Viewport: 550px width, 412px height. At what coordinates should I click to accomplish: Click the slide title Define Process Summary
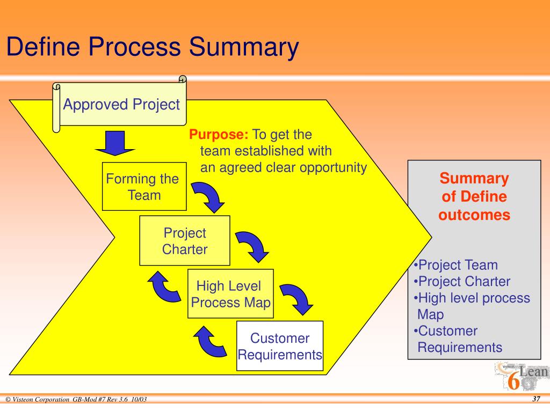pos(152,47)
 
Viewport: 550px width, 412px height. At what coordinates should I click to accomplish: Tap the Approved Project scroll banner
pos(121,104)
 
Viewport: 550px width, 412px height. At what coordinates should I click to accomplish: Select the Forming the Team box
pos(144,187)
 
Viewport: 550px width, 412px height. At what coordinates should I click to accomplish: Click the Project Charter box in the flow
pos(184,241)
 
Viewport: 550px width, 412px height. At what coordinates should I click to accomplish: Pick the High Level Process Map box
pos(230,294)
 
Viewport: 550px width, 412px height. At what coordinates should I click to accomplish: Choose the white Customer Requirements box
pos(280,346)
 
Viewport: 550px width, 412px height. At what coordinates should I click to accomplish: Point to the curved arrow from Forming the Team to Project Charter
pos(209,196)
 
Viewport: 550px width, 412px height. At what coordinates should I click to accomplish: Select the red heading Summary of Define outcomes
pos(474,197)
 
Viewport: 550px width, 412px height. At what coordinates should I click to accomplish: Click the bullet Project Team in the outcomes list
pos(457,265)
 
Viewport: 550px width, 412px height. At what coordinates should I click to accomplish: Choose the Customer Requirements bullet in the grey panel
pos(459,339)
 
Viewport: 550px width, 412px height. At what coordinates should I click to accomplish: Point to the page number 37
pos(535,399)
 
